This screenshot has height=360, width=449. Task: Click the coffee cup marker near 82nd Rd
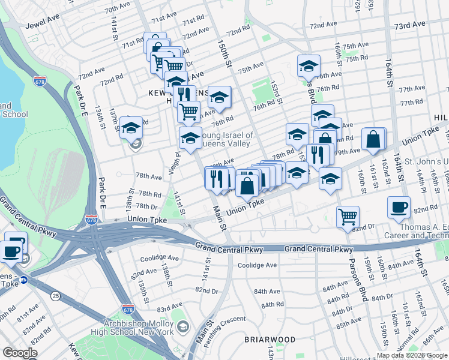399,208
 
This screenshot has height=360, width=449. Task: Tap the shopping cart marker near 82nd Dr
348,217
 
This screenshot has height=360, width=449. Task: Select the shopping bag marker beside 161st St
373,140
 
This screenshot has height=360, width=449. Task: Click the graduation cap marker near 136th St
131,128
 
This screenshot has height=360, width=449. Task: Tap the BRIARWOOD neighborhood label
270,340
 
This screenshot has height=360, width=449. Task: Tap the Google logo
20,353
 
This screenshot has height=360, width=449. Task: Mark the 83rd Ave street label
169,308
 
